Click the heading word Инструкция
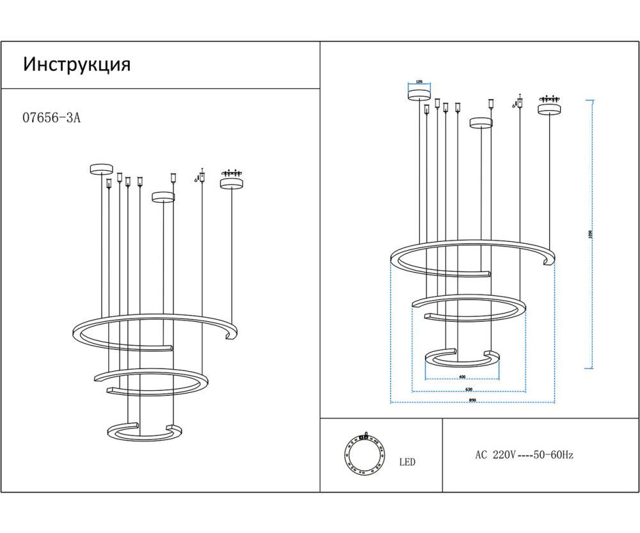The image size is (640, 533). click(77, 65)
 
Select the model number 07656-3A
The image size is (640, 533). click(52, 118)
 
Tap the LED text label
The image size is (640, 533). click(407, 462)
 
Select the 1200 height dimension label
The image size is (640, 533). click(589, 234)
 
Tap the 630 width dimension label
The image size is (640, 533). click(468, 389)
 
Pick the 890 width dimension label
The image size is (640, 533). click(472, 401)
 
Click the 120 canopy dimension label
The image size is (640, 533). click(419, 82)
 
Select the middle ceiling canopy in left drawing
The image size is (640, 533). click(163, 196)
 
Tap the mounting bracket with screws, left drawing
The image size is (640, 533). click(231, 172)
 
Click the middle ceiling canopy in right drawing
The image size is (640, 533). click(481, 122)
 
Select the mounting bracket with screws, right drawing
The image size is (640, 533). click(548, 99)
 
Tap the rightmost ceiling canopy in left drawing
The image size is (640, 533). click(231, 184)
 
